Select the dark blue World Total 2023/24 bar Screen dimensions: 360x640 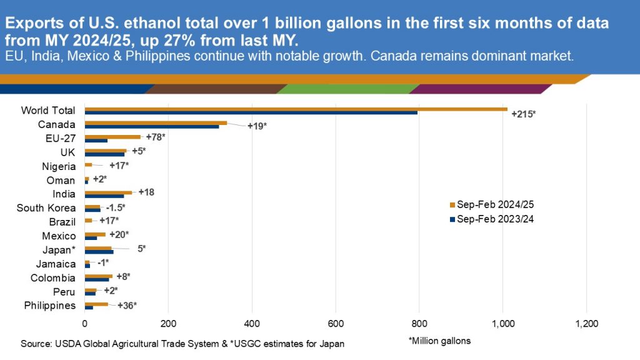(251, 113)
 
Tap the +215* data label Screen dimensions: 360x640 (524, 114)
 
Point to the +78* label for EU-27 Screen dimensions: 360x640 (156, 136)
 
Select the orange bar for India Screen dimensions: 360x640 (108, 192)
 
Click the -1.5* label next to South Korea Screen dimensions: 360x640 (116, 207)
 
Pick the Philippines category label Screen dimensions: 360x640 (50, 306)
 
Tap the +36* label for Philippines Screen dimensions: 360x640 (127, 306)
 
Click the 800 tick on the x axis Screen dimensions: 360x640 (419, 324)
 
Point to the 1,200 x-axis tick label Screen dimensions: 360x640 (586, 324)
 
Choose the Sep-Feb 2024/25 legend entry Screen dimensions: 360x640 (494, 205)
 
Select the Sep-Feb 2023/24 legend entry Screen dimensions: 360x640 (494, 219)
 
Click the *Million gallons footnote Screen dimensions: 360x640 (439, 341)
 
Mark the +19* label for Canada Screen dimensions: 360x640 (257, 127)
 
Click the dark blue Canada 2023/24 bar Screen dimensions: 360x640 (151, 127)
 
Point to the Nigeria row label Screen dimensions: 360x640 (59, 166)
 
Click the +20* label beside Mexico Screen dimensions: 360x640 (119, 234)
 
